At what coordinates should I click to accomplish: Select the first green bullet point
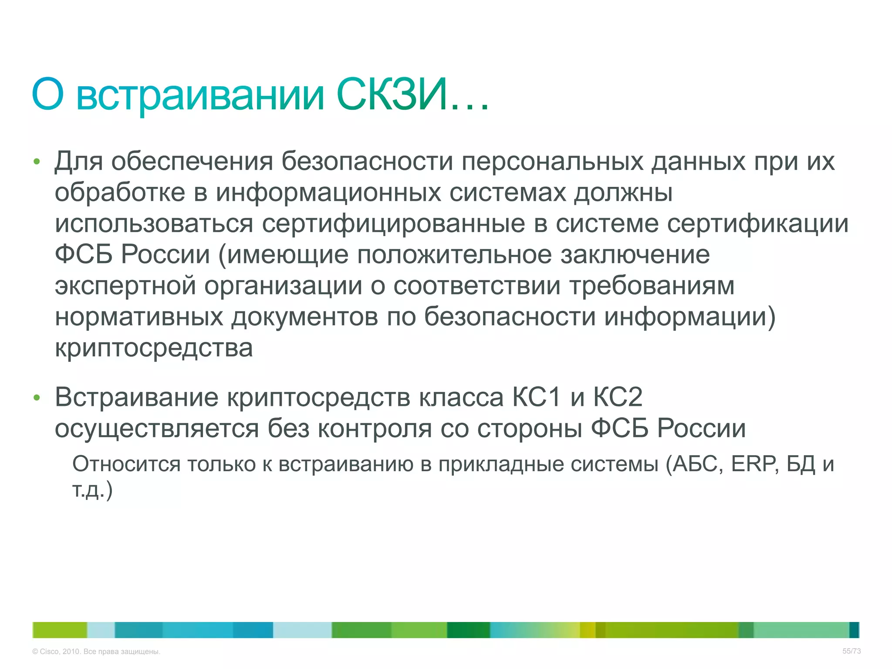coord(37,162)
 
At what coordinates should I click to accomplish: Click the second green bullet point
coord(37,398)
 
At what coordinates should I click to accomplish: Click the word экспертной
coord(125,286)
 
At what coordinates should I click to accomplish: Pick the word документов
coord(304,317)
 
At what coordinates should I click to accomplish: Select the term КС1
coord(536,398)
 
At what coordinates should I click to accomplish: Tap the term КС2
coord(618,398)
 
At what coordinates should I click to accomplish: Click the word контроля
coord(375,429)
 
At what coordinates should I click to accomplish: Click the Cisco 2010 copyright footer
coord(96,652)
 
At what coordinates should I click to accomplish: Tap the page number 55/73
coord(851,651)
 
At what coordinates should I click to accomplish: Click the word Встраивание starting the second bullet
coord(136,398)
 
